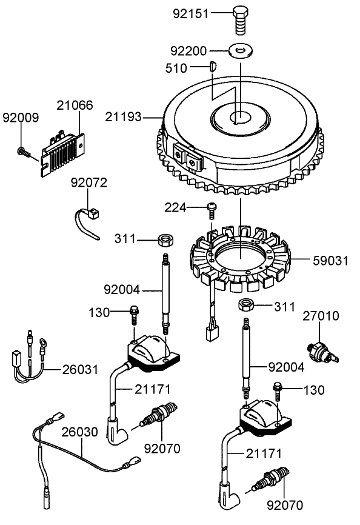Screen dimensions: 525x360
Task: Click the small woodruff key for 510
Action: [213, 67]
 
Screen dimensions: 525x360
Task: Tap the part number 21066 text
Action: [75, 105]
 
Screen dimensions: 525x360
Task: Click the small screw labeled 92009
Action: [22, 151]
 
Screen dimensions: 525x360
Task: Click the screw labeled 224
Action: [212, 209]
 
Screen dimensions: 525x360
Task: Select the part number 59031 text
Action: [330, 261]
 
